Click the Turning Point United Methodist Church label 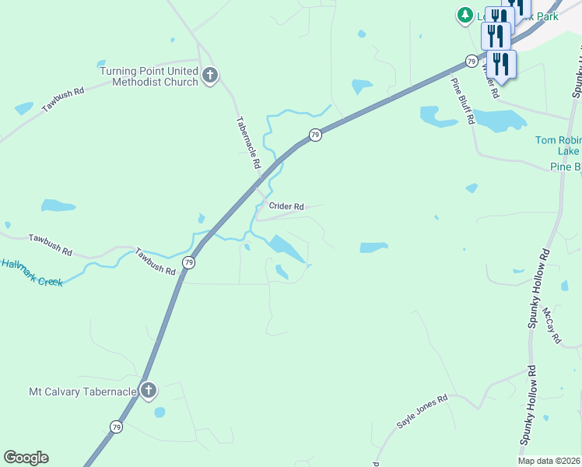coord(149,76)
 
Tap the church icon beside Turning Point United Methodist coord(209,75)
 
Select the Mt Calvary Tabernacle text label coord(82,392)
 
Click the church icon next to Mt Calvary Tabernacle coord(148,391)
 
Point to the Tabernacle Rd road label coord(247,144)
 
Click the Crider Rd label coord(286,206)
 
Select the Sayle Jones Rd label coord(422,412)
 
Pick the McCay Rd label coord(552,325)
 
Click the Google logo coord(26,458)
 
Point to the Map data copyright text coord(549,461)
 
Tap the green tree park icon coord(465,14)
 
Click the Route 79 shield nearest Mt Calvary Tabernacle coord(116,427)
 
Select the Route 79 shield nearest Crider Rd coord(314,135)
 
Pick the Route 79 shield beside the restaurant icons coord(472,60)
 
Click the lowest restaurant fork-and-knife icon coord(501,64)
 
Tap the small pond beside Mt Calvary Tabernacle coord(160,412)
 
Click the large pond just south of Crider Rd coord(286,249)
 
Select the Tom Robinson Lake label coord(559,146)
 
